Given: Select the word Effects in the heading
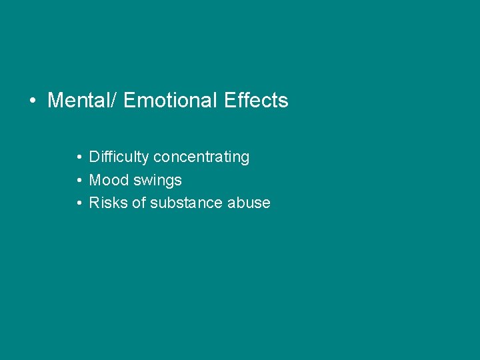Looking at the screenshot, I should pyautogui.click(x=257, y=101).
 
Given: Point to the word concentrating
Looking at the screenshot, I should pyautogui.click(x=201, y=157).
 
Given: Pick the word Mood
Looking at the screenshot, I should pyautogui.click(x=105, y=180).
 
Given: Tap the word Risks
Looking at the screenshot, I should pyautogui.click(x=107, y=203).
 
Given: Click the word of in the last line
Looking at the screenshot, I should pyautogui.click(x=139, y=203).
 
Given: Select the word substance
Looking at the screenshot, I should pyautogui.click(x=186, y=203).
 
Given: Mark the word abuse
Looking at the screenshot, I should pyautogui.click(x=249, y=203).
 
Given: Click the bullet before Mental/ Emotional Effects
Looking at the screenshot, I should pyautogui.click(x=32, y=101).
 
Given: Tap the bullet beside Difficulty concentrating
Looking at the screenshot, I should pyautogui.click(x=79, y=158).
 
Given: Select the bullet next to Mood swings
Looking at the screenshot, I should pyautogui.click(x=79, y=181).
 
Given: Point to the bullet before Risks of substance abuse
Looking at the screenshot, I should pyautogui.click(x=79, y=203).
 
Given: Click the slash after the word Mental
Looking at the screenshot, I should pyautogui.click(x=115, y=101).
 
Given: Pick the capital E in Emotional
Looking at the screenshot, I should pyautogui.click(x=130, y=101).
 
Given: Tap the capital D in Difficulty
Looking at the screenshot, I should pyautogui.click(x=95, y=157).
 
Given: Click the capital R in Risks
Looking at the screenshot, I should pyautogui.click(x=95, y=203).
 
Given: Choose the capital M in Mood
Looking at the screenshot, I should pyautogui.click(x=95, y=180).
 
